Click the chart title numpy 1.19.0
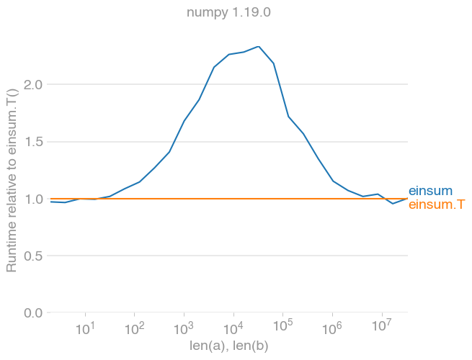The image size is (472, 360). click(228, 12)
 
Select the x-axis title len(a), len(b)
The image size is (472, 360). click(228, 346)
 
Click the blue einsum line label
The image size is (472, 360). click(430, 191)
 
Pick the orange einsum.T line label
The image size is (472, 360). click(436, 204)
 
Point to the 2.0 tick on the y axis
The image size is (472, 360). click(34, 85)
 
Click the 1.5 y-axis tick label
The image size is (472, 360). click(34, 142)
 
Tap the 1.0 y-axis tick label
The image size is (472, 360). click(34, 199)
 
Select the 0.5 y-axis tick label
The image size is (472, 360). click(34, 256)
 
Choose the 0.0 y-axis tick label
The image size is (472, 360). click(34, 312)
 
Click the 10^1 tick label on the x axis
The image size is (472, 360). click(85, 329)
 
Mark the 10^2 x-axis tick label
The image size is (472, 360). click(134, 329)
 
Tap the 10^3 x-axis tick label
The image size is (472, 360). click(184, 329)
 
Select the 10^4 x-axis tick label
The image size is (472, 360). click(233, 329)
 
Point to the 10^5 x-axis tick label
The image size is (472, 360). click(282, 329)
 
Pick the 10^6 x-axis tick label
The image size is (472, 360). click(332, 329)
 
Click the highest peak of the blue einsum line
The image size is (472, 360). click(258, 47)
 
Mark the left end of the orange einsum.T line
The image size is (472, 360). click(50, 199)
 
